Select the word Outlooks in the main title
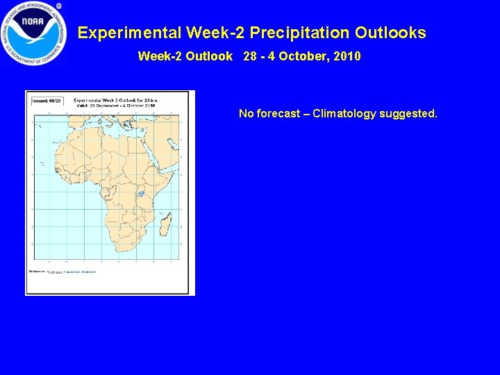point(390,33)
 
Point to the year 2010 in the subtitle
point(347,56)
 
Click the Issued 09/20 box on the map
point(47,101)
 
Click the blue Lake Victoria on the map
point(141,194)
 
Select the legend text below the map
point(62,272)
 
